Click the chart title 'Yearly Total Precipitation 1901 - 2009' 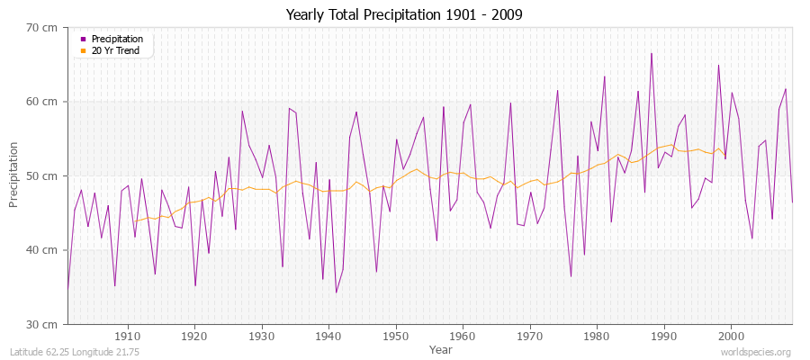pos(404,14)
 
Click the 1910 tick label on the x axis pos(128,335)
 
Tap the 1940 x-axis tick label pos(328,335)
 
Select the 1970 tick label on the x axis pos(529,335)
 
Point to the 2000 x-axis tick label pos(731,335)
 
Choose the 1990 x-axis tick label pos(663,335)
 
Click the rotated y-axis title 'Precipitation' pos(13,175)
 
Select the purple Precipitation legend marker pos(84,39)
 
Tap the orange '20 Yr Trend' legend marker pos(84,50)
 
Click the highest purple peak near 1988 pos(652,53)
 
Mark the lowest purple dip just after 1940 pos(336,292)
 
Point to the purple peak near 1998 pos(718,65)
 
